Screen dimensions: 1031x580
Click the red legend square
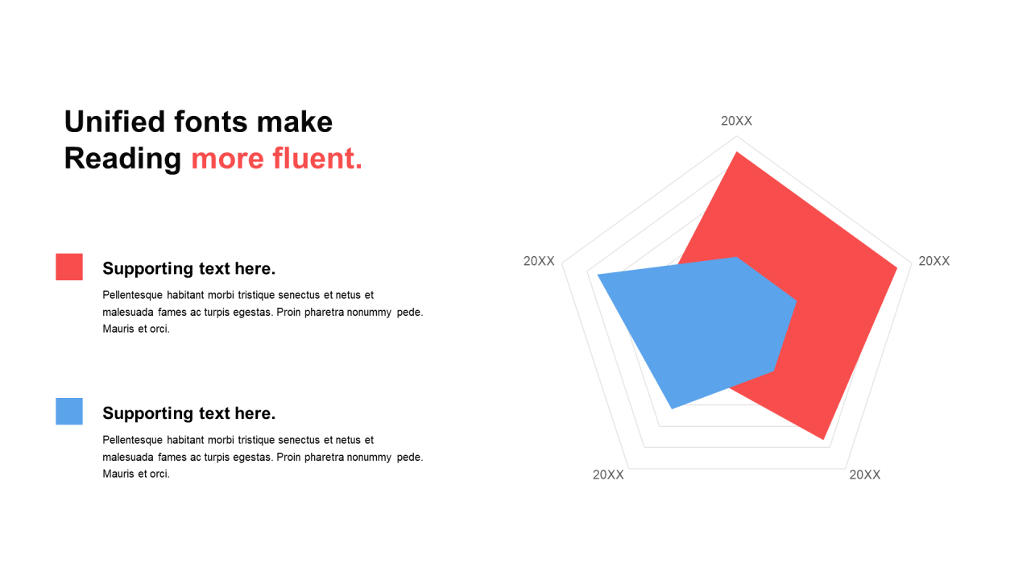[x=69, y=267]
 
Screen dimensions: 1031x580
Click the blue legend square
[x=69, y=412]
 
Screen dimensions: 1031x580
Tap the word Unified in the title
[x=114, y=122]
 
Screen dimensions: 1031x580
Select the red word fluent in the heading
[x=317, y=159]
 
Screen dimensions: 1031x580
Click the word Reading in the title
[x=123, y=159]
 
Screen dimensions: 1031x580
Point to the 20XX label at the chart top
[x=736, y=121]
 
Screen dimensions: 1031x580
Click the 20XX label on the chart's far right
[x=934, y=262]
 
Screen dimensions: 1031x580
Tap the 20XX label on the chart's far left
[x=539, y=262]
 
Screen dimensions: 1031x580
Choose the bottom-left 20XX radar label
[x=608, y=475]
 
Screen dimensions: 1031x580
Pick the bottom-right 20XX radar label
[x=865, y=475]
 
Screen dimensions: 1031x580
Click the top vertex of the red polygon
[x=737, y=152]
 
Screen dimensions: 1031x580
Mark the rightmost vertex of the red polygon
[x=897, y=267]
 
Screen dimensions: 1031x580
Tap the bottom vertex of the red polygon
[x=823, y=440]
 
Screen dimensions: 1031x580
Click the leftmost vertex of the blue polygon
[x=598, y=275]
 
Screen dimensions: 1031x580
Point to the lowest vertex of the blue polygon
[x=672, y=408]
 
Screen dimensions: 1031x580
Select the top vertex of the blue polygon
[x=736, y=257]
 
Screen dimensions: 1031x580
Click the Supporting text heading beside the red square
[x=188, y=269]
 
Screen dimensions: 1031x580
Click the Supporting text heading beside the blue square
[x=188, y=413]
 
